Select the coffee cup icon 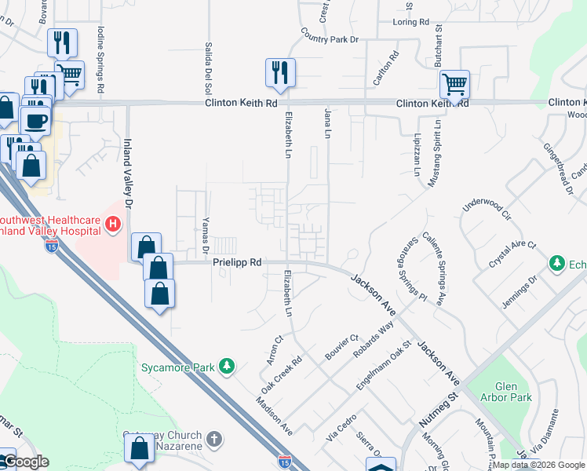38,121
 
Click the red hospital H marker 112,225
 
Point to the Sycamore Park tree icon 227,366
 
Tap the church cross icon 216,436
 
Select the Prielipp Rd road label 237,264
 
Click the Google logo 25,462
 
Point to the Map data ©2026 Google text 538,465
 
